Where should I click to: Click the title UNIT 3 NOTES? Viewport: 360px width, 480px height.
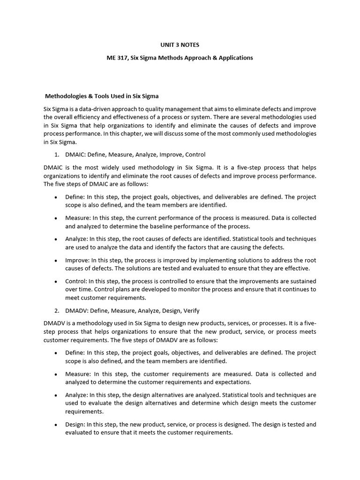(180, 45)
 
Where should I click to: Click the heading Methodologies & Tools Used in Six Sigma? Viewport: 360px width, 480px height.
(101, 96)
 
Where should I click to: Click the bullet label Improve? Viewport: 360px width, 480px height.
(77, 260)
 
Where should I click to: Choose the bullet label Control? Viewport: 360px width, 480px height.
(76, 281)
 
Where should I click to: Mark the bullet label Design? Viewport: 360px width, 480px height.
(75, 425)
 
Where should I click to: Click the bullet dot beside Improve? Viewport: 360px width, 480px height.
(56, 261)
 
